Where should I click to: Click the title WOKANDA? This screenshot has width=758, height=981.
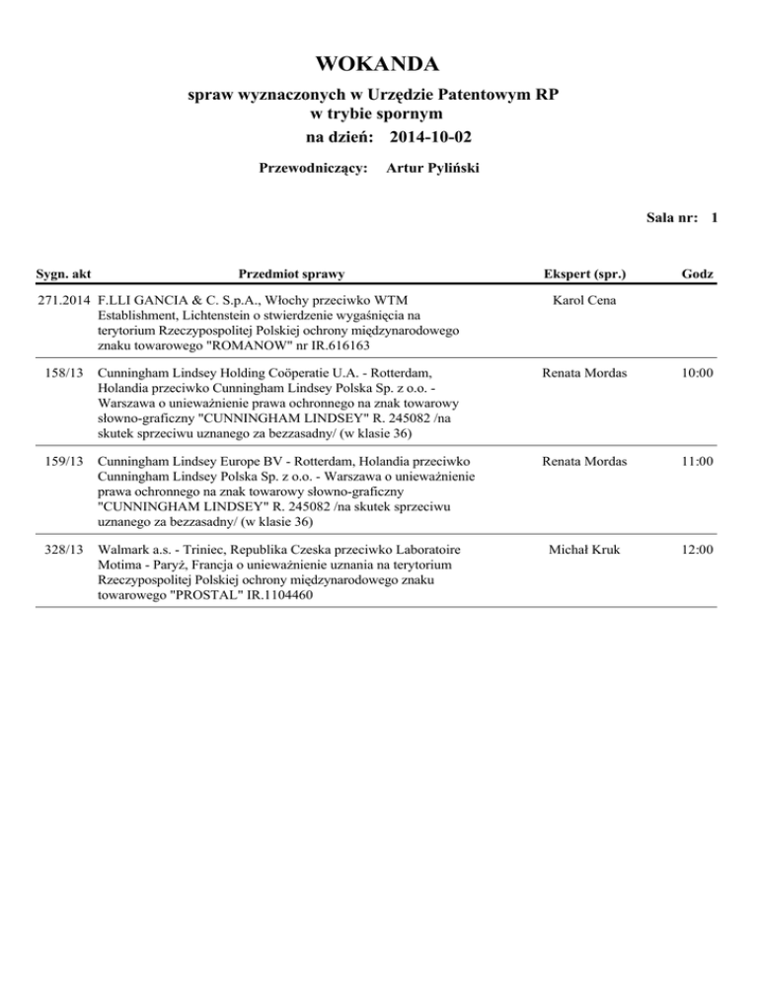(378, 65)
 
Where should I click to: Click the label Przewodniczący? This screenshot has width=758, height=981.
(313, 169)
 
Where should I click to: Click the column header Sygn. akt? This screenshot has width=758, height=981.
(64, 271)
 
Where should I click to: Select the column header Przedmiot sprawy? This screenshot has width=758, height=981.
(292, 271)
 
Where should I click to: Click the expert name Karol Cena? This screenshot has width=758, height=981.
(586, 299)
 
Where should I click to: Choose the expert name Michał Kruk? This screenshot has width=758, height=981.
(586, 549)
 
